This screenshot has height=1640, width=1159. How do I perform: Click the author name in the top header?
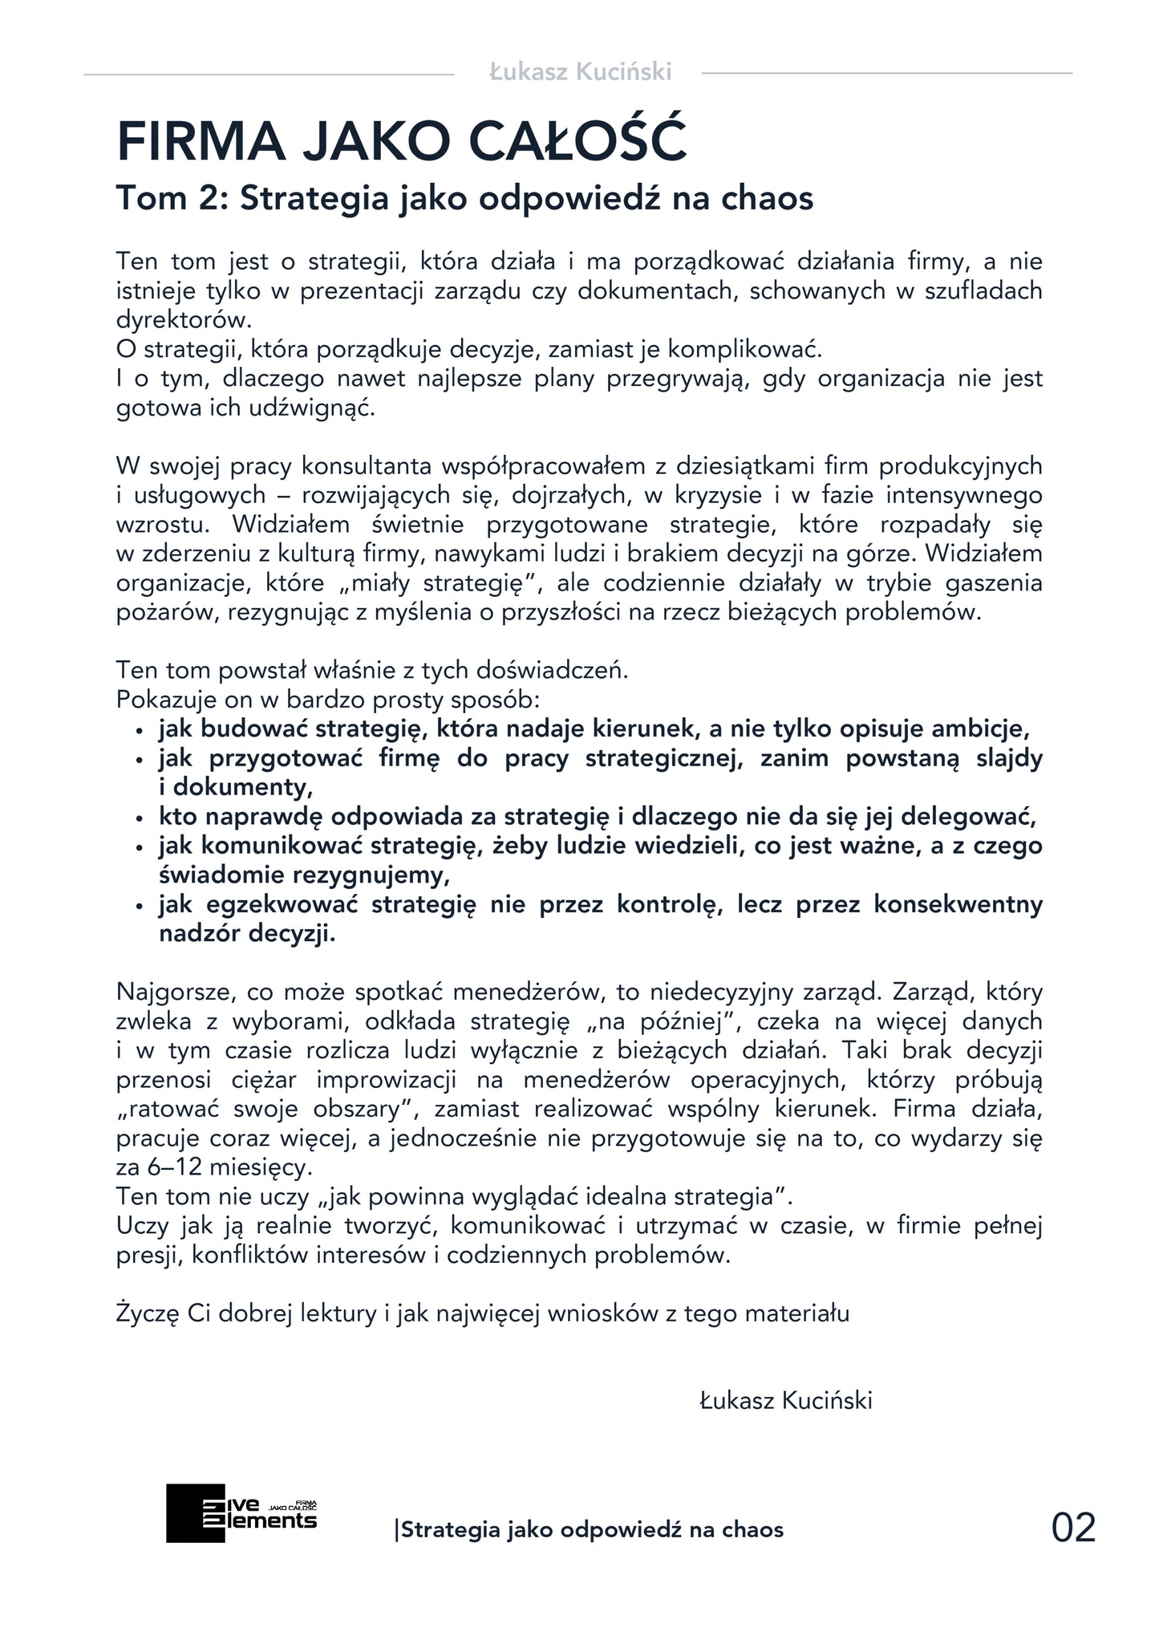tap(580, 72)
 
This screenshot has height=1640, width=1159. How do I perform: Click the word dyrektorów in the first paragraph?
tap(184, 319)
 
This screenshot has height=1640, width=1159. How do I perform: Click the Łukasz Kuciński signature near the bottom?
tap(785, 1401)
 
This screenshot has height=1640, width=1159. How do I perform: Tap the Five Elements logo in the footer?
tap(241, 1513)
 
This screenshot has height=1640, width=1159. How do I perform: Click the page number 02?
tap(1072, 1527)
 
